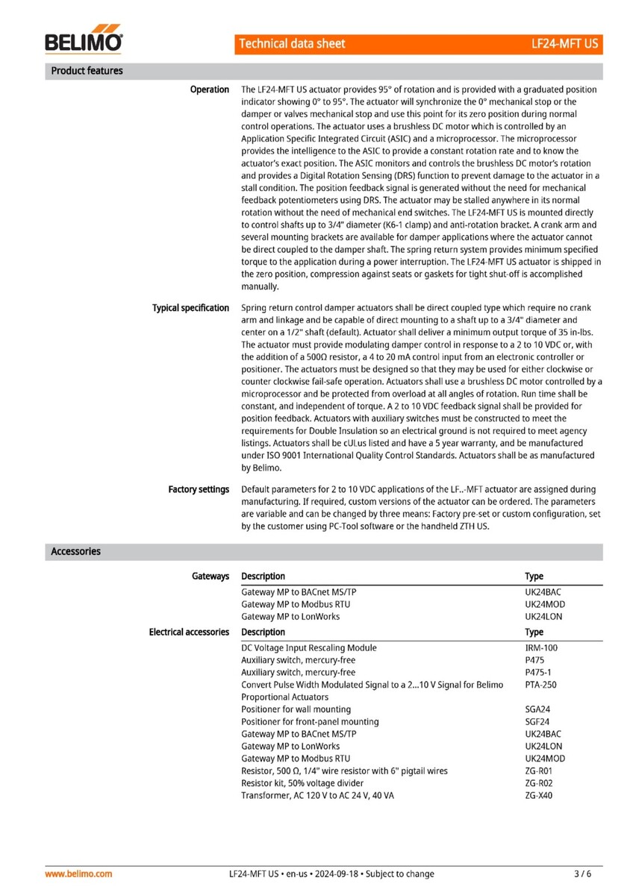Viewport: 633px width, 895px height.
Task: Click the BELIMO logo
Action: tap(84, 41)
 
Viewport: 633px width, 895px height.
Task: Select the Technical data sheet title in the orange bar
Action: tap(292, 44)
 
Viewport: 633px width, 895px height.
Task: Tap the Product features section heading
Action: tap(87, 71)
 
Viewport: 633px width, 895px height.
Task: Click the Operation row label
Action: tap(210, 89)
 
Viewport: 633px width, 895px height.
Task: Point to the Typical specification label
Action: tap(190, 308)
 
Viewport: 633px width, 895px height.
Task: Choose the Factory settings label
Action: tap(199, 489)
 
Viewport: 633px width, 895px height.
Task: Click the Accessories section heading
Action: tap(75, 552)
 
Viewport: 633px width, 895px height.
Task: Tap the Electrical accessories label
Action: tap(189, 632)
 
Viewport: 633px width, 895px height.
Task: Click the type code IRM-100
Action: tap(541, 648)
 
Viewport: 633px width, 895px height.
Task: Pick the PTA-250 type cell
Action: tap(540, 685)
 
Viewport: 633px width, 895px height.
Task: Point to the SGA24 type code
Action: tap(538, 709)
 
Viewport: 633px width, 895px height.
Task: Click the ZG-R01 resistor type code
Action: tap(539, 771)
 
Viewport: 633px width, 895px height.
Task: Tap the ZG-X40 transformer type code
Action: tap(539, 796)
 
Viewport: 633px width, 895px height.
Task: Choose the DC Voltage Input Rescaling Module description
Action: tap(309, 648)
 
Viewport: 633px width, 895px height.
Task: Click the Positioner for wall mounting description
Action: tap(296, 709)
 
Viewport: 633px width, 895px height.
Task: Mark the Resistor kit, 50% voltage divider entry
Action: tap(302, 783)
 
